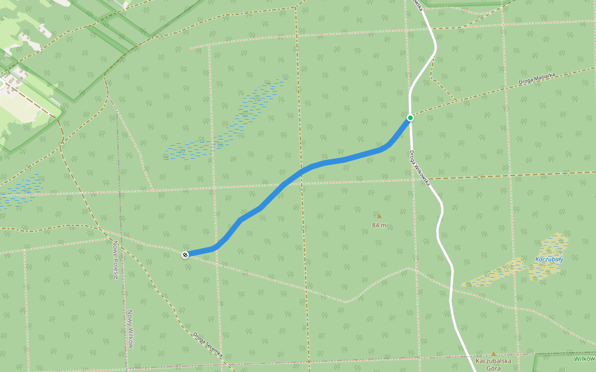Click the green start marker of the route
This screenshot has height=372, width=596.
click(x=410, y=118)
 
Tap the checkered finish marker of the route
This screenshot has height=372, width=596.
click(x=185, y=255)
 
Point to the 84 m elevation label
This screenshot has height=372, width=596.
click(x=379, y=225)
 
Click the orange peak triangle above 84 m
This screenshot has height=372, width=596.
click(x=379, y=216)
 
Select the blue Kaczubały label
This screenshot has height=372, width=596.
click(x=549, y=259)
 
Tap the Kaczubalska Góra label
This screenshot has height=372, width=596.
click(x=494, y=364)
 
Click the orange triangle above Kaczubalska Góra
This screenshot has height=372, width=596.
click(x=494, y=354)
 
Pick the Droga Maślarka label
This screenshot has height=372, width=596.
click(x=539, y=79)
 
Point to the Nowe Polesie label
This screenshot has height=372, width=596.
click(x=115, y=260)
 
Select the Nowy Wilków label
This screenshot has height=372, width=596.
click(x=131, y=329)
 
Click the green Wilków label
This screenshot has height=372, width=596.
click(x=584, y=359)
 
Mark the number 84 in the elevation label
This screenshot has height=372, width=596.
click(x=376, y=225)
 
